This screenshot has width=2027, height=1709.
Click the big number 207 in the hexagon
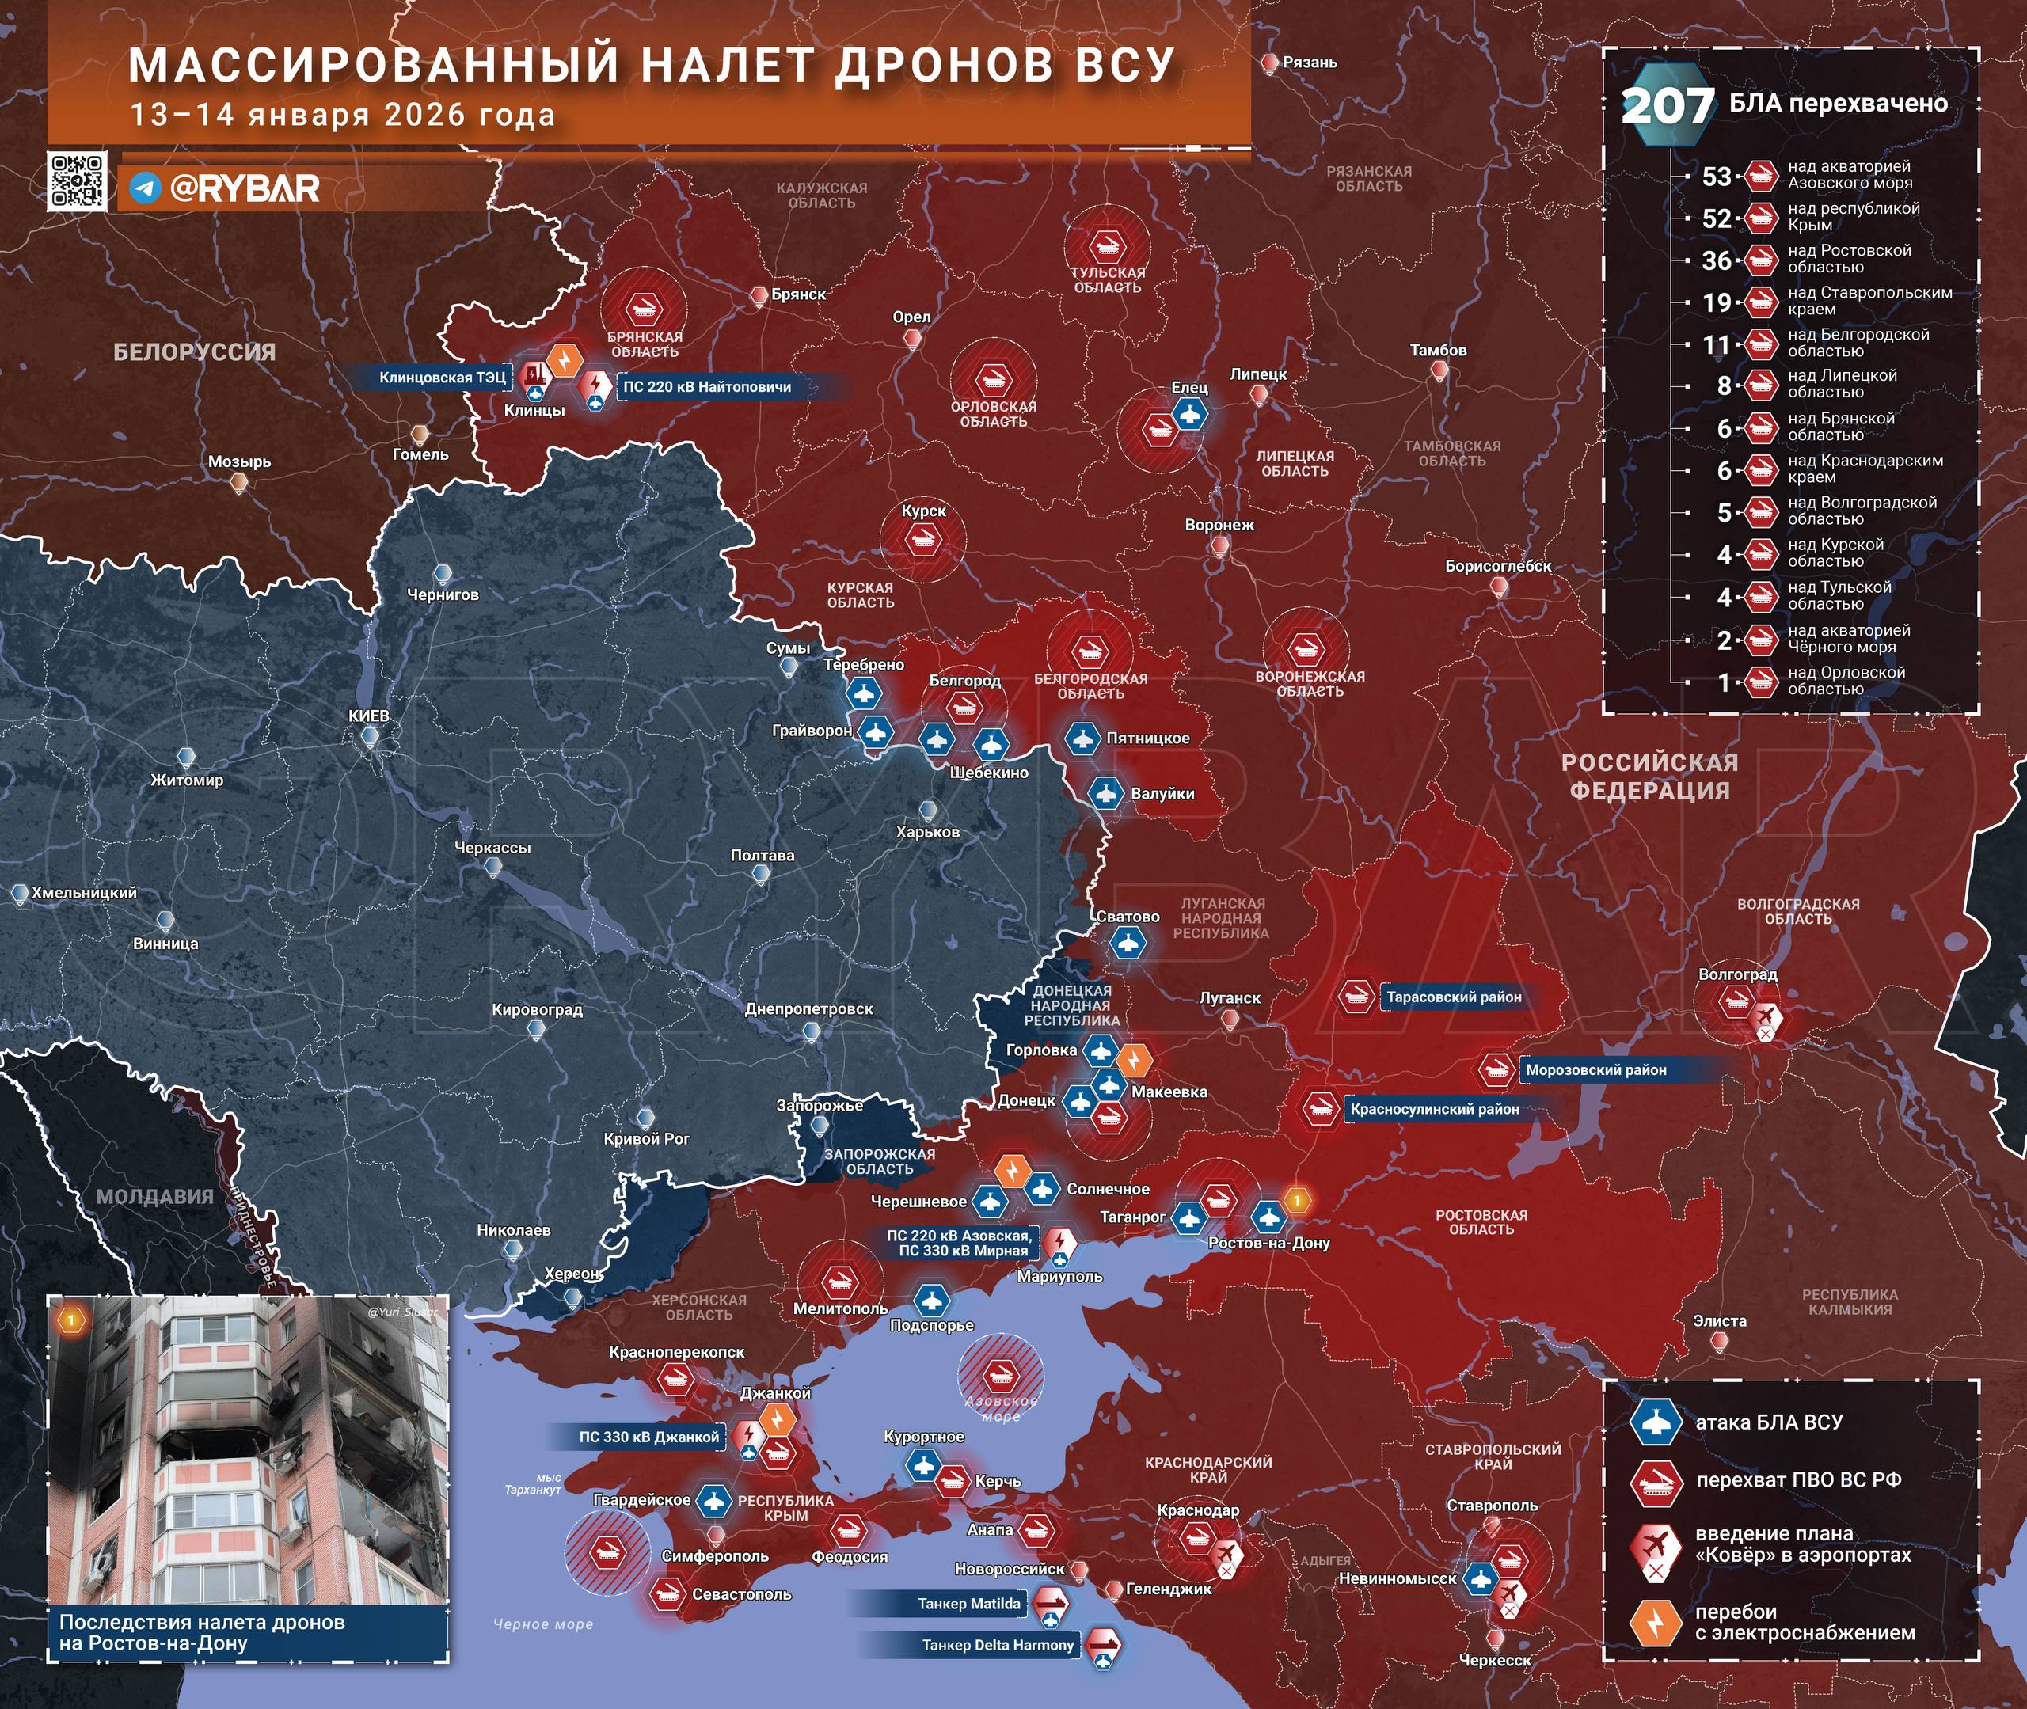pyautogui.click(x=1667, y=105)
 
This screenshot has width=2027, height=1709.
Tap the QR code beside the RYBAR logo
pyautogui.click(x=77, y=180)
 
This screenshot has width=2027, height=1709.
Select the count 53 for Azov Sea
pyautogui.click(x=1716, y=177)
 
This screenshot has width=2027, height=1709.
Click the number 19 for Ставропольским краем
pyautogui.click(x=1716, y=302)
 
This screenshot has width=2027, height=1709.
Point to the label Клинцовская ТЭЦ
pyautogui.click(x=442, y=378)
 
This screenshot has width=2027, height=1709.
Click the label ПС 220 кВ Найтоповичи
pyautogui.click(x=706, y=386)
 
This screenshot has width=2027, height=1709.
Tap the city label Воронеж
pyautogui.click(x=1219, y=525)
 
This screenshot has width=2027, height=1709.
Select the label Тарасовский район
pyautogui.click(x=1454, y=997)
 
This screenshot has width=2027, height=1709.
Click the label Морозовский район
pyautogui.click(x=1595, y=1069)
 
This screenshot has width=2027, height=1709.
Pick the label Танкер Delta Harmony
pyautogui.click(x=997, y=1645)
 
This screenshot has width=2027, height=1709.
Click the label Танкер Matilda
pyautogui.click(x=969, y=1605)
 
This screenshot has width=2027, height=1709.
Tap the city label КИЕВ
pyautogui.click(x=369, y=716)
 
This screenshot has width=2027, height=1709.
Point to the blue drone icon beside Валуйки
pyautogui.click(x=1105, y=793)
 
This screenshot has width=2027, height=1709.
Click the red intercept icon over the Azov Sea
pyautogui.click(x=999, y=1374)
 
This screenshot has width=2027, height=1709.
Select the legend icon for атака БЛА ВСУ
pyautogui.click(x=1656, y=1422)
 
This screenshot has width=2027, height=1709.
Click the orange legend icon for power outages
pyautogui.click(x=1656, y=1622)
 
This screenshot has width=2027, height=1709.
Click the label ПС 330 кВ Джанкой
pyautogui.click(x=648, y=1437)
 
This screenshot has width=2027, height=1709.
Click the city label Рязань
pyautogui.click(x=1309, y=62)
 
